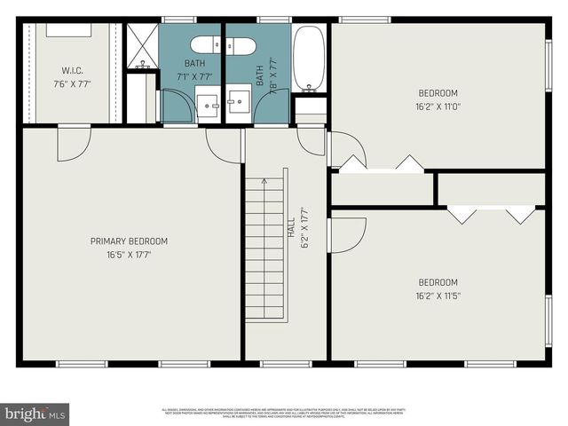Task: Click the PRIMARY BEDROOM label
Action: [x=129, y=241]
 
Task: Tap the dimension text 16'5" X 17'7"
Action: [x=129, y=254]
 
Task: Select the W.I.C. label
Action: [x=72, y=70]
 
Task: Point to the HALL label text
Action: [x=291, y=226]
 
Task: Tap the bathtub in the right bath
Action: [x=310, y=59]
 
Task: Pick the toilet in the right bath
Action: [x=241, y=46]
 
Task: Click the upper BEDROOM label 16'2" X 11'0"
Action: [x=438, y=93]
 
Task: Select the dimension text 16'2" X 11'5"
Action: [x=438, y=296]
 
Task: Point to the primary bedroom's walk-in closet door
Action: [x=73, y=142]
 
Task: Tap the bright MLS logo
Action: [x=35, y=414]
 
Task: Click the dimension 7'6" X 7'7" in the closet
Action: [x=72, y=84]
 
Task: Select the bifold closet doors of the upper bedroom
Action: [x=383, y=164]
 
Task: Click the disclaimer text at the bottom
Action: [x=282, y=413]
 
